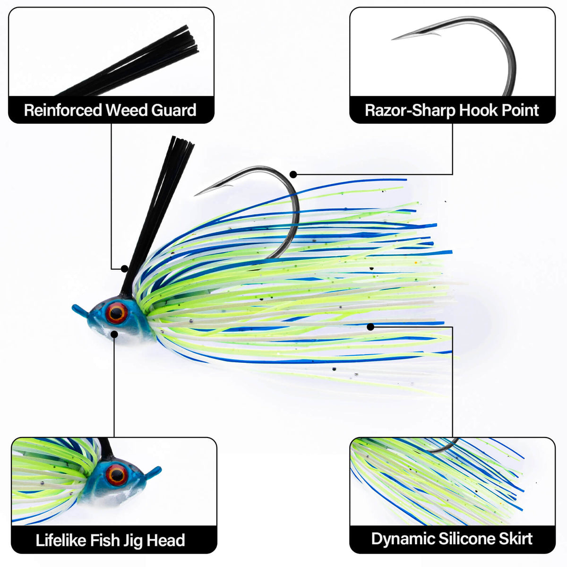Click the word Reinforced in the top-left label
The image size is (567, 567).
pos(63,110)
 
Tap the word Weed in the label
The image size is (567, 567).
pos(127,110)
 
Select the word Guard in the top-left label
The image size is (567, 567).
pos(174,110)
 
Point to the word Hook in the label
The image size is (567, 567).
pos(478,110)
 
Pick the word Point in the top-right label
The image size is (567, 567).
pos(520,110)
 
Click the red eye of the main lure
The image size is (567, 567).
pos(116,313)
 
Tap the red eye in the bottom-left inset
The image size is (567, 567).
pos(116,475)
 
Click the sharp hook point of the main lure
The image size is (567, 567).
pos(196,195)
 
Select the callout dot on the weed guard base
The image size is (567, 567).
pos(125,269)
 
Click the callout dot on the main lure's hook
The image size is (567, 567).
pos(293,174)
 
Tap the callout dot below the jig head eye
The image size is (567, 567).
pos(114,334)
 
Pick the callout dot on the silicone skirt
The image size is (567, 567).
pos(370,326)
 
